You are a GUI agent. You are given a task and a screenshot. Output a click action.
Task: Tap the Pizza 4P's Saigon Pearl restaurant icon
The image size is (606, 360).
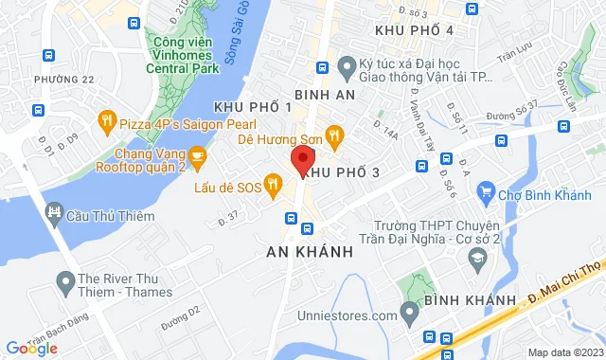click(106, 121)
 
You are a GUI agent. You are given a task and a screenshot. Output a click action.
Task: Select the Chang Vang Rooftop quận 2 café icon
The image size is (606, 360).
click(197, 154)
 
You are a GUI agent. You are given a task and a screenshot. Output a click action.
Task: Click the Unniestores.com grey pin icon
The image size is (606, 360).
click(409, 311)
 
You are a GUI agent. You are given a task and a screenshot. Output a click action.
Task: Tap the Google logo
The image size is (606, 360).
click(31, 348)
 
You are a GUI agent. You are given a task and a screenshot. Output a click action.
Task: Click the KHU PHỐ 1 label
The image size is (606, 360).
click(253, 107)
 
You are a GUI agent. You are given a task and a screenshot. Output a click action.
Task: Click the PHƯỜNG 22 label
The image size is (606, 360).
click(64, 80)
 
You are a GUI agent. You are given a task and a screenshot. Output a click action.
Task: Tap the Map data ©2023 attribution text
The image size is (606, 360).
click(563, 352)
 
